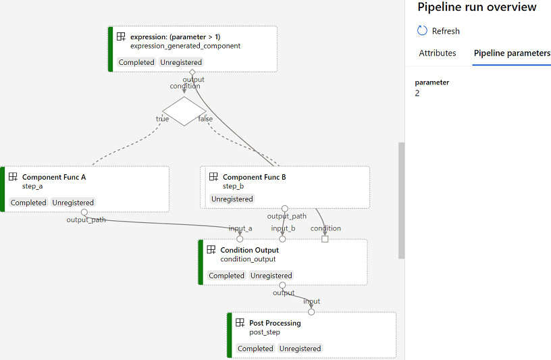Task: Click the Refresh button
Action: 438,31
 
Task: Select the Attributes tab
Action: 437,53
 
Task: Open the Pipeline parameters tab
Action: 512,53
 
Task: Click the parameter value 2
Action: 417,93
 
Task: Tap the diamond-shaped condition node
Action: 184,111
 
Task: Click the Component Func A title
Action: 54,177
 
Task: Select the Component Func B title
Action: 255,177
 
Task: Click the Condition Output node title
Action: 249,250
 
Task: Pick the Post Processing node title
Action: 275,323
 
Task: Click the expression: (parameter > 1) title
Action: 176,37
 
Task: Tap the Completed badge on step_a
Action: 28,203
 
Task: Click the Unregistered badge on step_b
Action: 232,199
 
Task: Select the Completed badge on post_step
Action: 255,349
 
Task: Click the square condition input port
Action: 325,239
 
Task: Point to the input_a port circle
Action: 240,239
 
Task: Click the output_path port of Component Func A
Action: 84,212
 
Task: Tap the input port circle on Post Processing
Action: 311,312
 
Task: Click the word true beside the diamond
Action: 162,119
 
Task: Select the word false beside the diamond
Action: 205,119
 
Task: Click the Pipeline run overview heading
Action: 477,7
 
